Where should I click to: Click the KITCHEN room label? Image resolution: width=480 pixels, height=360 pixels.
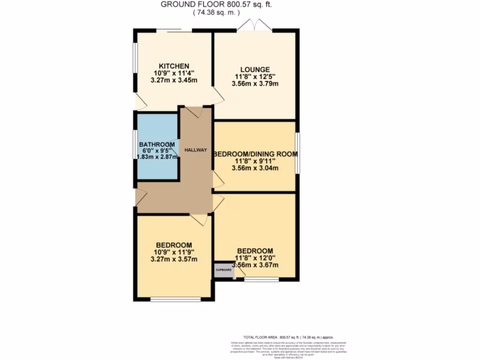coord(173,66)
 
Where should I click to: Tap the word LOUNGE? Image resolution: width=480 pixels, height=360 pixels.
coord(255,69)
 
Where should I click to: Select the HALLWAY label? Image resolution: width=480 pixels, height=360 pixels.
coord(195,150)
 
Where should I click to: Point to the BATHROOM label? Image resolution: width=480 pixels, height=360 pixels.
coord(157,144)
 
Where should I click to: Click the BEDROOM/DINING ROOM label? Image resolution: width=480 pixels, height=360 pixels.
coord(255,154)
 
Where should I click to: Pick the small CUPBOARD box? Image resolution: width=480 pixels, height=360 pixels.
coord(223,270)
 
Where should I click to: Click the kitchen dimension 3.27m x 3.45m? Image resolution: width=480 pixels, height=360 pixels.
coord(173,80)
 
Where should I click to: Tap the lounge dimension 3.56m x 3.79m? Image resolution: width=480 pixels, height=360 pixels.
coord(255,84)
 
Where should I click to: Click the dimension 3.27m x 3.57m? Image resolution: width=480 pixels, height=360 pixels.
coord(174,259)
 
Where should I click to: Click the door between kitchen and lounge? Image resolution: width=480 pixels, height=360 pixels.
coord(218,96)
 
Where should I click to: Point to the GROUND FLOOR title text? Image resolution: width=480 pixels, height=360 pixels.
coord(216,5)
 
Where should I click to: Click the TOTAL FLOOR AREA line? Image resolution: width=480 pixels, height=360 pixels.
coord(288,337)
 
